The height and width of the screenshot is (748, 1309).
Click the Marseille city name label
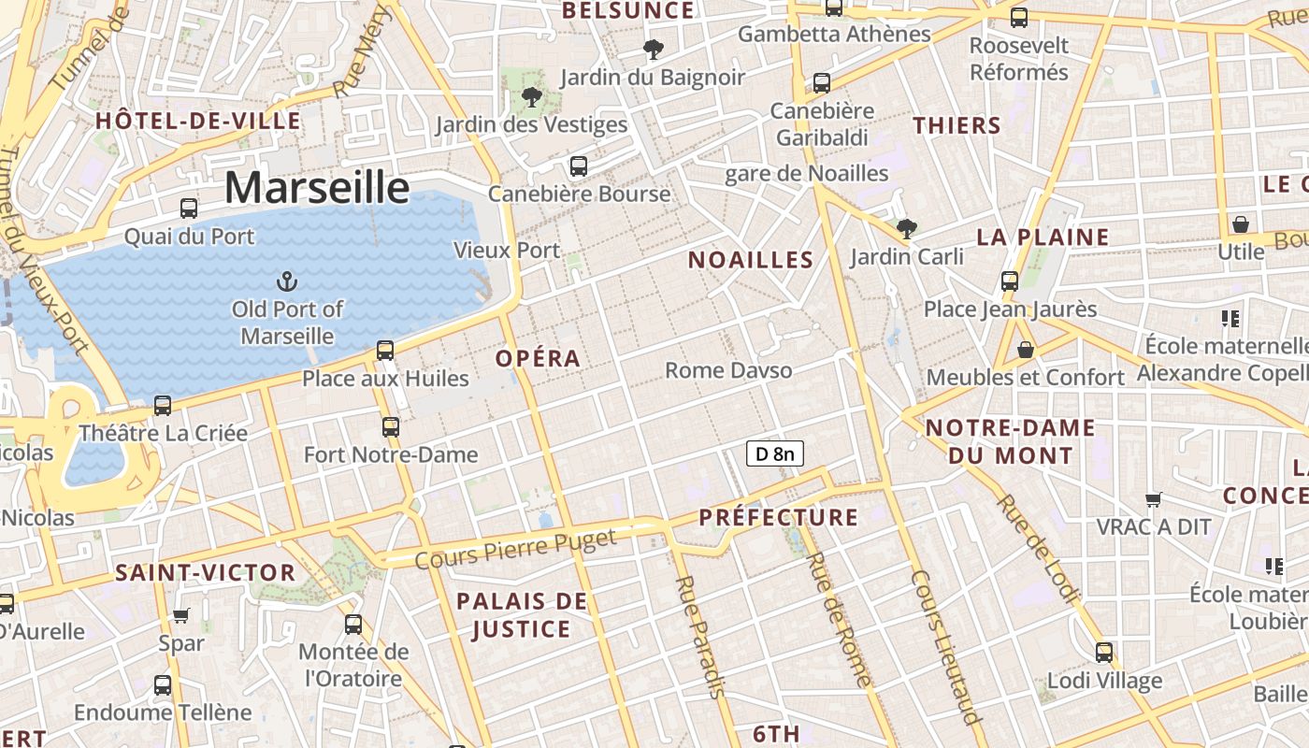pyautogui.click(x=316, y=188)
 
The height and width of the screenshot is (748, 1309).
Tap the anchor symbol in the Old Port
pyautogui.click(x=288, y=280)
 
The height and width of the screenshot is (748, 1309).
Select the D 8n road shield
pyautogui.click(x=775, y=454)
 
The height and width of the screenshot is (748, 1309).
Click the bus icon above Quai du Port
pyautogui.click(x=189, y=209)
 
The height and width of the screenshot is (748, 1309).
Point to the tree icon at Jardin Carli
pyautogui.click(x=905, y=228)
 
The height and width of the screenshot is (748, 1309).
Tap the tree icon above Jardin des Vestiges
pyautogui.click(x=531, y=96)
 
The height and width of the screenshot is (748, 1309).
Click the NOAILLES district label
pyautogui.click(x=751, y=260)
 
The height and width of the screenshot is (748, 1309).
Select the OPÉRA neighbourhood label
pyautogui.click(x=538, y=358)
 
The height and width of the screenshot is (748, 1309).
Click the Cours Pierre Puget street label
pyautogui.click(x=515, y=549)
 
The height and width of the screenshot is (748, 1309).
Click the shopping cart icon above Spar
pyautogui.click(x=180, y=615)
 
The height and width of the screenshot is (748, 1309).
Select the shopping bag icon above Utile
pyautogui.click(x=1241, y=224)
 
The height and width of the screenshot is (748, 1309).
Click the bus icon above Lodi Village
pyautogui.click(x=1104, y=652)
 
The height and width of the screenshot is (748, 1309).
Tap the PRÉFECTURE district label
pyautogui.click(x=778, y=517)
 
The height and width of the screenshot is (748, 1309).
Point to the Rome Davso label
pyautogui.click(x=728, y=370)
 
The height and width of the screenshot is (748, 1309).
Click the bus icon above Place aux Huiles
pyautogui.click(x=385, y=351)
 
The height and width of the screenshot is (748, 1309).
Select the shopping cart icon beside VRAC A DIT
pyautogui.click(x=1154, y=499)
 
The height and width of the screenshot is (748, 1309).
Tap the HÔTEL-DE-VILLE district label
pyautogui.click(x=198, y=121)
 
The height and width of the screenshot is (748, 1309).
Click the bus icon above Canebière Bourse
pyautogui.click(x=579, y=166)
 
